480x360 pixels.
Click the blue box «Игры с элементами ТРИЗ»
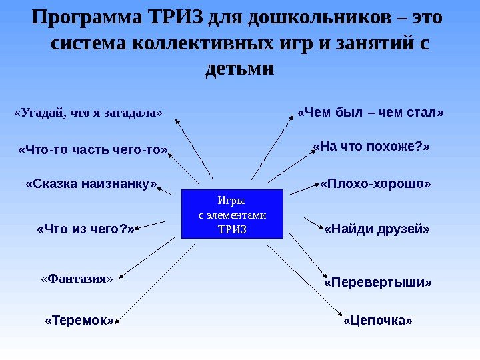[x=232, y=214]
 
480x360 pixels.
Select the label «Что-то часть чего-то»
[x=94, y=150]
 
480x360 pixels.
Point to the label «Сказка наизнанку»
[x=92, y=183]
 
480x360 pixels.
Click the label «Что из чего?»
[x=86, y=229]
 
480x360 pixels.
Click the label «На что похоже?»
[x=371, y=146]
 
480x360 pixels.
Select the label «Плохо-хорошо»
[x=376, y=183]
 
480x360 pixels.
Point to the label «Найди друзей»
[x=377, y=229]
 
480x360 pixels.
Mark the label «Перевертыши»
[x=378, y=283]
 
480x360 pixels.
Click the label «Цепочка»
[x=378, y=321]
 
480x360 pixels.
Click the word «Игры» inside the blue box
[x=232, y=200]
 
